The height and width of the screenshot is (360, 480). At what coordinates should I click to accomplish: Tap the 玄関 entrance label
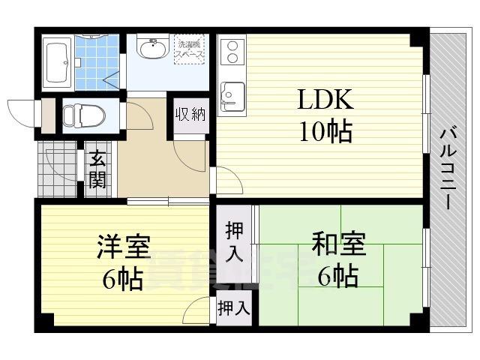[97, 169]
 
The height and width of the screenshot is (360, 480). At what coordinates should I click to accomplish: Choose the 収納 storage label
[190, 115]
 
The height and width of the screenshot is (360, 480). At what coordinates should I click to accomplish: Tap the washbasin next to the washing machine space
[153, 49]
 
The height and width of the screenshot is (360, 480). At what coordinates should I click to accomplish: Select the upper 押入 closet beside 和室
[235, 241]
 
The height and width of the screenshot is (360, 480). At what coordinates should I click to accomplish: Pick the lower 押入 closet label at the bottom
[235, 307]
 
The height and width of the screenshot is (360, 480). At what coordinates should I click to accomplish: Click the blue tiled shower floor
[97, 61]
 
